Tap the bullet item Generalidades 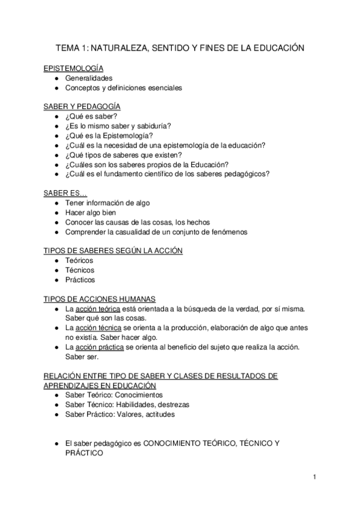(89, 78)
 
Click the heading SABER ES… (66, 193)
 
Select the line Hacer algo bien (91, 212)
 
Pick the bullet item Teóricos (79, 260)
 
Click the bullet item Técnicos (80, 270)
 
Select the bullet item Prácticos (81, 280)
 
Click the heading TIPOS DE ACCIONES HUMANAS (100, 299)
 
